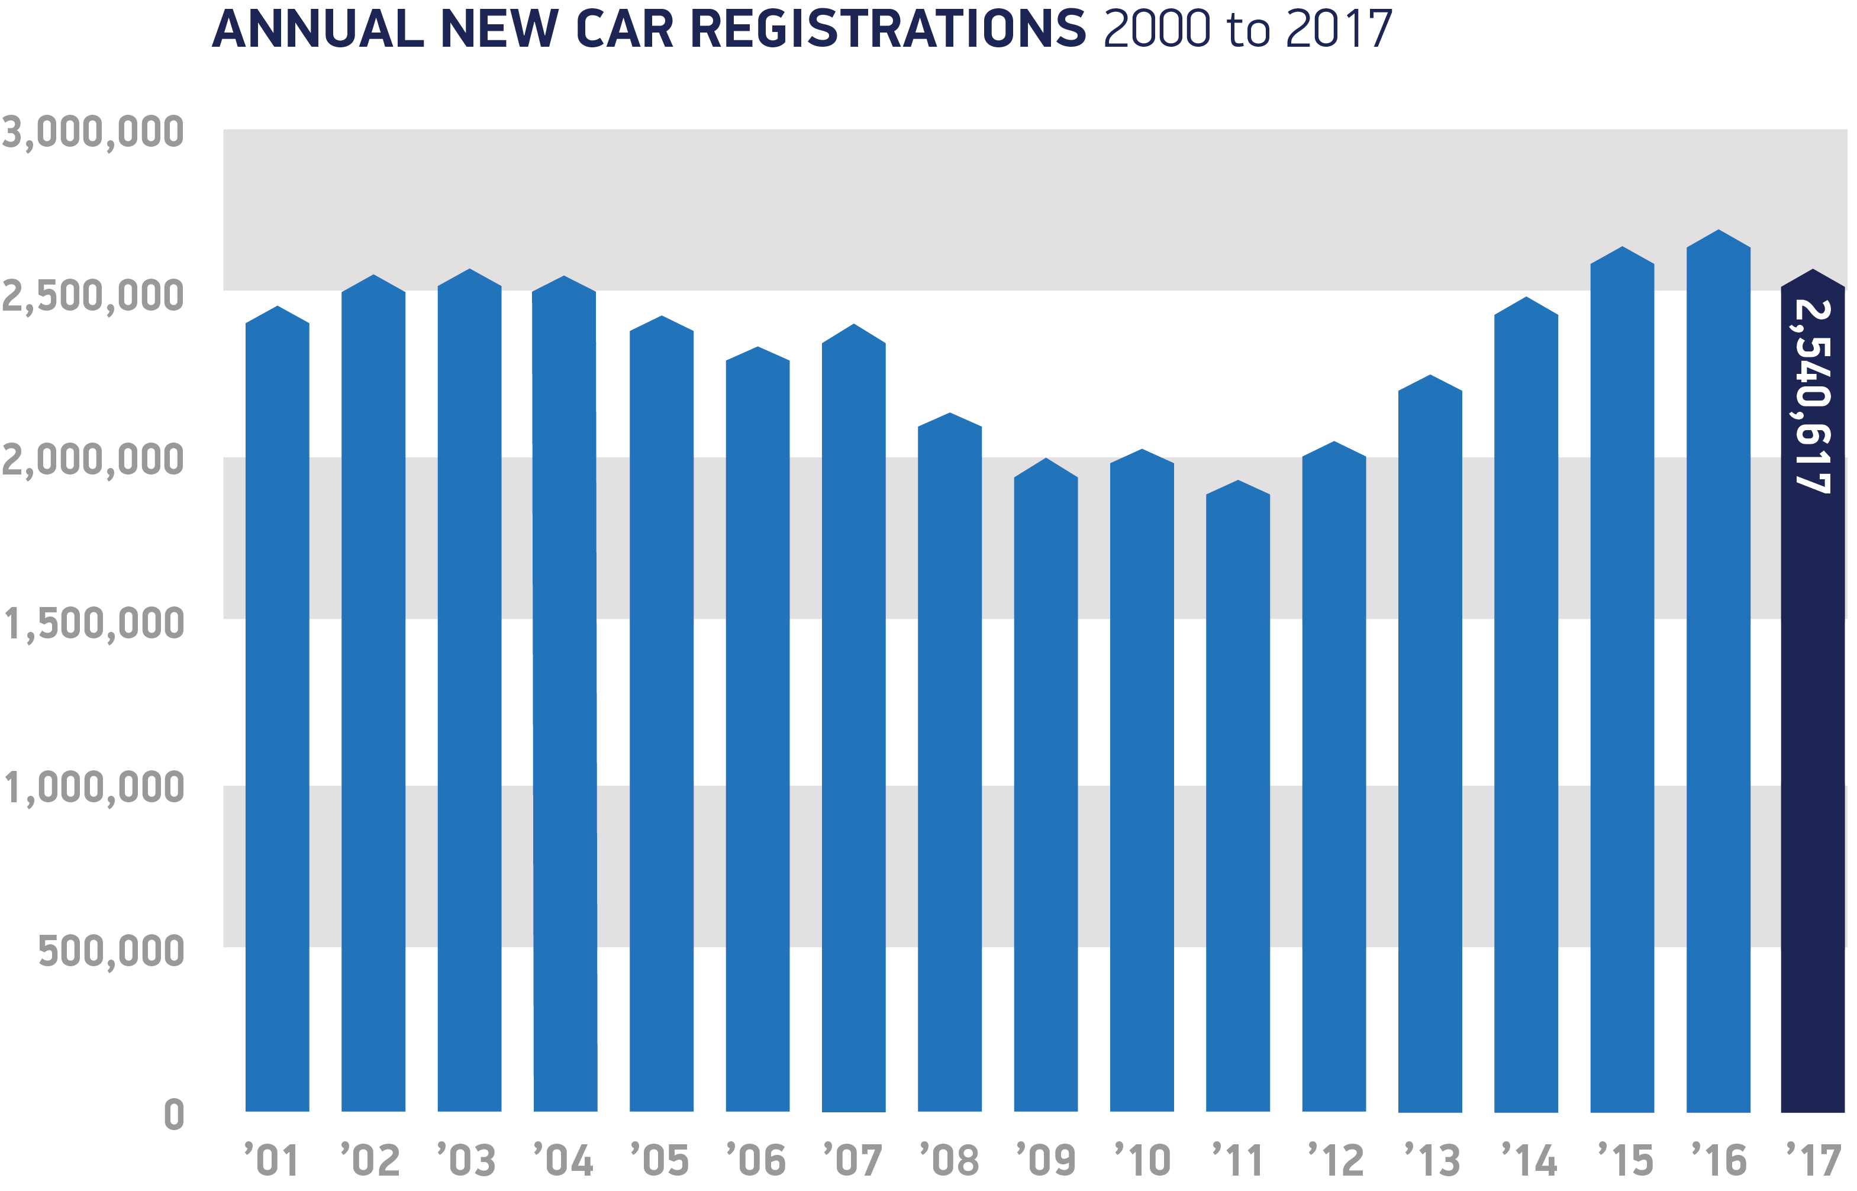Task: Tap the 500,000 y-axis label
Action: (111, 951)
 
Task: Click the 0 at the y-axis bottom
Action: (174, 1115)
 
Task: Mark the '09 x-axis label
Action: (1045, 1160)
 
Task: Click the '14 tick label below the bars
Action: (1529, 1160)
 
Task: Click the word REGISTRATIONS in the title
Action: (888, 30)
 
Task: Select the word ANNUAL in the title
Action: (318, 30)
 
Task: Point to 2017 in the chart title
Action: (1338, 30)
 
